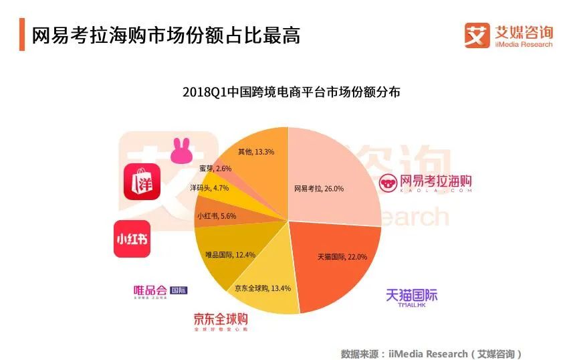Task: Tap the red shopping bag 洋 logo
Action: click(142, 181)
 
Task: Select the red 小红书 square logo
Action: click(132, 239)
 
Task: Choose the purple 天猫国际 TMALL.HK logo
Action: click(411, 297)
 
